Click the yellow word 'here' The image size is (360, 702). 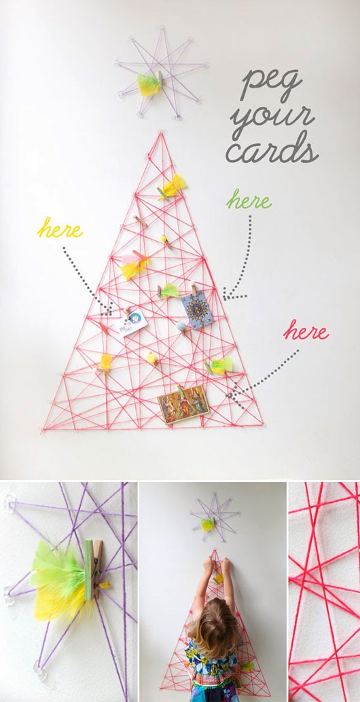60,229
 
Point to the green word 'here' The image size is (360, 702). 249,200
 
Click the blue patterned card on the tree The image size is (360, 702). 196,309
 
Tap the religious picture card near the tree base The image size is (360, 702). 183,405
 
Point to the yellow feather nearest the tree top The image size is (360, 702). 173,185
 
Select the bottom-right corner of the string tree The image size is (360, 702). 262,425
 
